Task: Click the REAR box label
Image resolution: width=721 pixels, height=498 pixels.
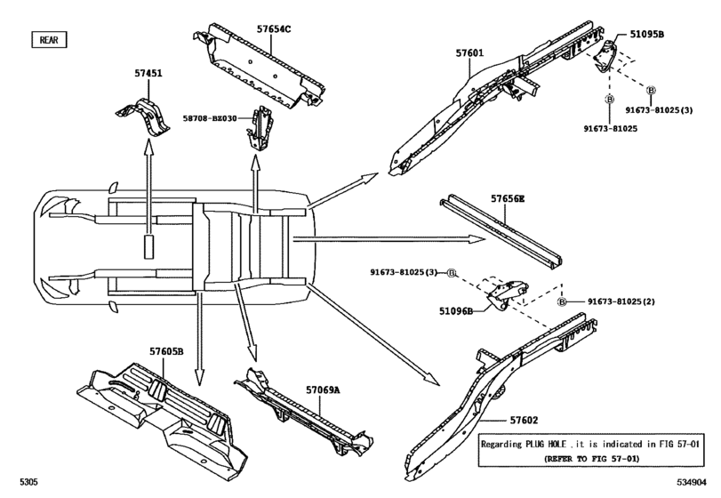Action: [49, 40]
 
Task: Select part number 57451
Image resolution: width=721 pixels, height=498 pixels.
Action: [148, 73]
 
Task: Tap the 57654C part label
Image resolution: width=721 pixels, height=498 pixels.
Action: [274, 29]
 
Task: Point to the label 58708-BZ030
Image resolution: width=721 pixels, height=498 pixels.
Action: [210, 118]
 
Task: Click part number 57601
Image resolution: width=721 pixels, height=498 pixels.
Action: [469, 52]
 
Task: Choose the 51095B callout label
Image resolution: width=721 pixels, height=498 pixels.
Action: [646, 34]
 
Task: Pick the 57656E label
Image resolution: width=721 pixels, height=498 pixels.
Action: [507, 198]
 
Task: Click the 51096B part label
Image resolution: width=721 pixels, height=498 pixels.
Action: [456, 311]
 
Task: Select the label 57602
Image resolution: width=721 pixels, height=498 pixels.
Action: [524, 420]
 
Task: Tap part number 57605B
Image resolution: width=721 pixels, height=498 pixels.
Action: [166, 351]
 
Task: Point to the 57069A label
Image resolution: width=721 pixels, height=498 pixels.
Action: [323, 390]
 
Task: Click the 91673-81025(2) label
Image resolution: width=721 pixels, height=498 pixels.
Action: [621, 301]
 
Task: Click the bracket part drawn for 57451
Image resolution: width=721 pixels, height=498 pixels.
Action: [142, 116]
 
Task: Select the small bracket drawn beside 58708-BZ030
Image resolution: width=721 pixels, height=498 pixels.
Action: [260, 128]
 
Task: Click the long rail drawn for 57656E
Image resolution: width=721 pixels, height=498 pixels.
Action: [501, 231]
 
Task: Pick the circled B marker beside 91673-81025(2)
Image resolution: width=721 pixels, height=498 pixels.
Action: [562, 302]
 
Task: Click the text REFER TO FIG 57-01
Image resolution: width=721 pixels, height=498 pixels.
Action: [591, 459]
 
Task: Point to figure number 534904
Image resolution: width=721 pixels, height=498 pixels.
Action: [691, 482]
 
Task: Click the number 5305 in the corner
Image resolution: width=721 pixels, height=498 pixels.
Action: [28, 482]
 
